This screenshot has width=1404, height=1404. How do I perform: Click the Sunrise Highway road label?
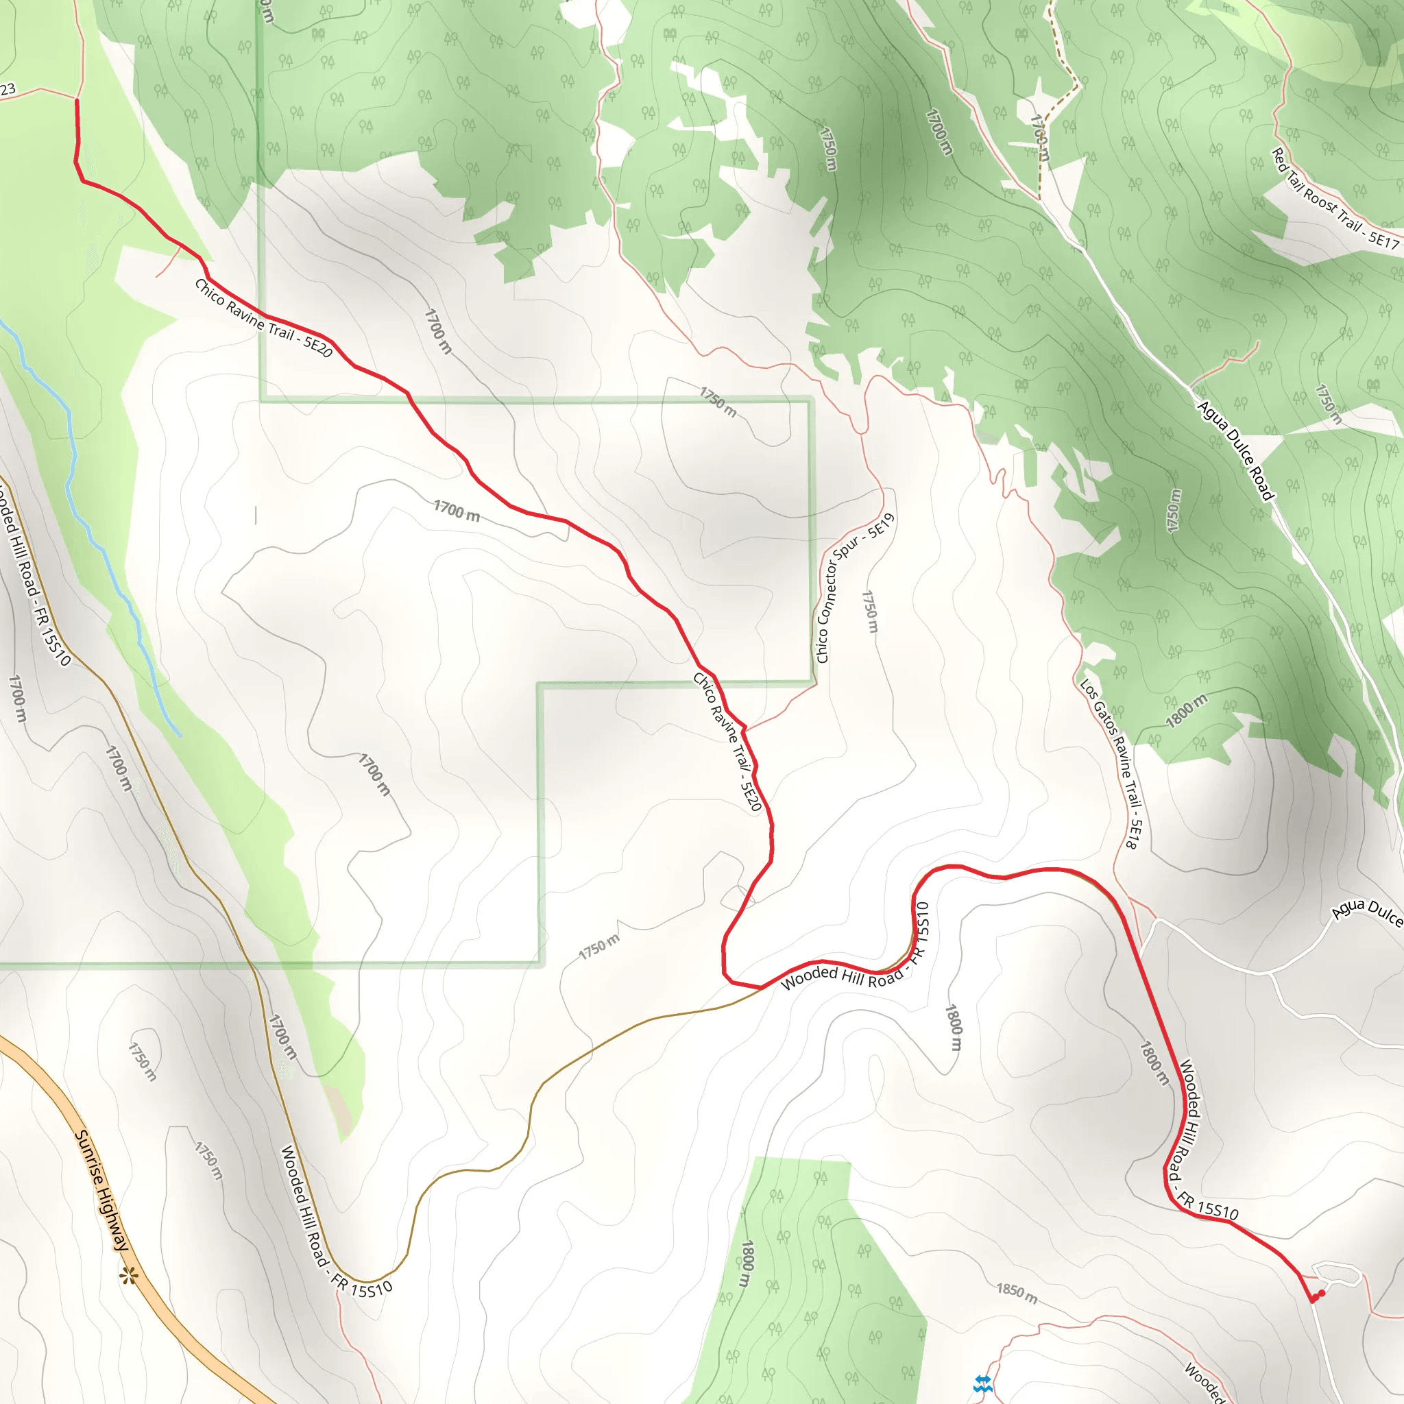point(102,1189)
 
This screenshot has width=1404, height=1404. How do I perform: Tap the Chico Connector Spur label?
point(855,588)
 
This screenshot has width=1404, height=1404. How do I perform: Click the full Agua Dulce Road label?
point(1235,450)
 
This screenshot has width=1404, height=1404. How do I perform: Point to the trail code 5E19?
point(882,524)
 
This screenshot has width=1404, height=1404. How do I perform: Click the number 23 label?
point(8,90)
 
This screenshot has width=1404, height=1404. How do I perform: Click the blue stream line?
point(101,553)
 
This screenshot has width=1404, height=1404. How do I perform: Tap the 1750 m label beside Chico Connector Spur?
point(870,611)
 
